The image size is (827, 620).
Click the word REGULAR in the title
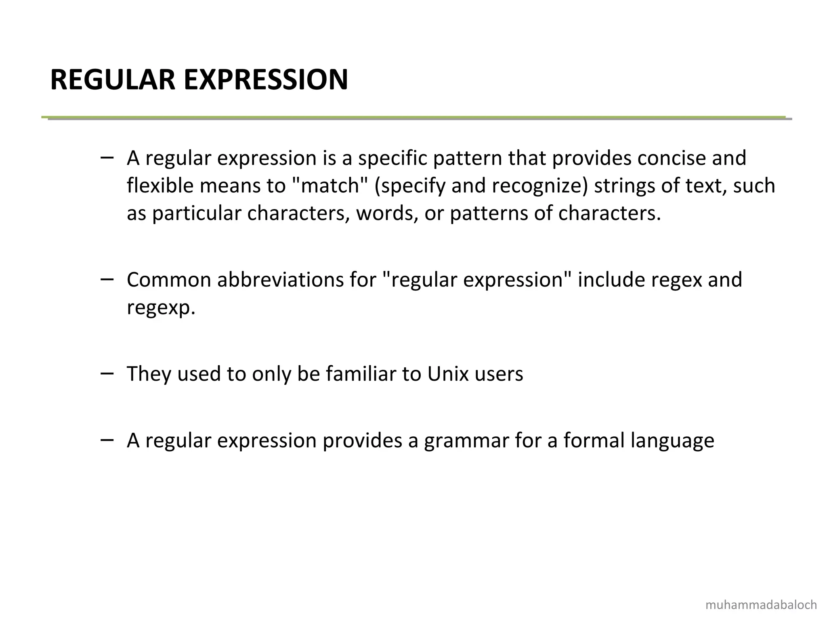point(113,80)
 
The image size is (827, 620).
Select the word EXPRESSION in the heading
point(266,80)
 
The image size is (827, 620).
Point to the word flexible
point(160,186)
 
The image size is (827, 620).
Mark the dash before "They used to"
point(107,373)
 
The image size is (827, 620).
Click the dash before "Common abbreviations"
point(107,279)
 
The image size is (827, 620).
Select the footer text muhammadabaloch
point(761,605)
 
